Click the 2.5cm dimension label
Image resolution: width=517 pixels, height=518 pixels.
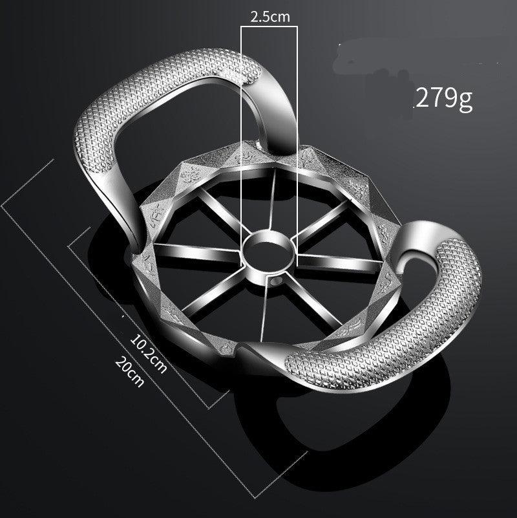[269, 17]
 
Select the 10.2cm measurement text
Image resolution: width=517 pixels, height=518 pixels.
[148, 352]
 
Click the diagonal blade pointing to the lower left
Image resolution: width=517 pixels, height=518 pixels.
[216, 291]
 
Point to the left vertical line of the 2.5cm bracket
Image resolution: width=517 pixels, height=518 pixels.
[242, 129]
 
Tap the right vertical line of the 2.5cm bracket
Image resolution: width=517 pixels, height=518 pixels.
[297, 129]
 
